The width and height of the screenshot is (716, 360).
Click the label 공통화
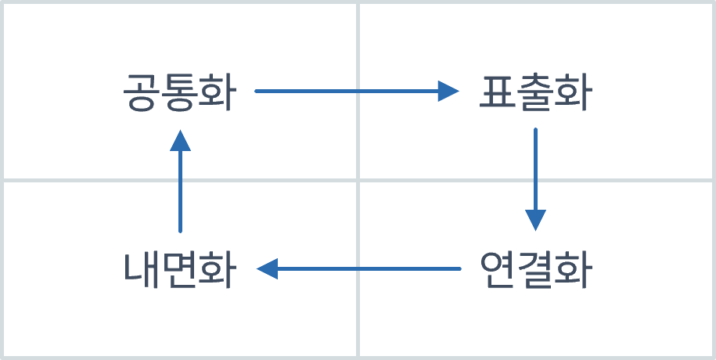click(x=179, y=92)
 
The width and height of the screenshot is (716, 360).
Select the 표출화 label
click(x=536, y=92)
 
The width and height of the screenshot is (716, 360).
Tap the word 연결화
click(x=536, y=270)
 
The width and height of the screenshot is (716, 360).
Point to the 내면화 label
click(x=179, y=270)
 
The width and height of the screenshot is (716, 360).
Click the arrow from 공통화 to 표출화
click(x=352, y=92)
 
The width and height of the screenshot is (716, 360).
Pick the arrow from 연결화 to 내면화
click(x=360, y=269)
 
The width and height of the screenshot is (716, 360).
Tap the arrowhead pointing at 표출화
click(x=448, y=92)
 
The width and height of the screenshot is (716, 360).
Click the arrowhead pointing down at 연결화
click(x=535, y=220)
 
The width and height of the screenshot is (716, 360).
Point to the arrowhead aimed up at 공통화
click(x=180, y=140)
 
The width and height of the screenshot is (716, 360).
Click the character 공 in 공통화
click(x=142, y=92)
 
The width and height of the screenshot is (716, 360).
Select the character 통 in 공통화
click(x=179, y=92)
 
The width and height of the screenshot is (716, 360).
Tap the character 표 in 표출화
click(x=498, y=92)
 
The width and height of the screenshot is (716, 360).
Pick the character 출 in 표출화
click(x=536, y=92)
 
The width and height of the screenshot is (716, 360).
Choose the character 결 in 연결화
click(x=536, y=270)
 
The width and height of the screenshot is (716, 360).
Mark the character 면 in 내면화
click(x=179, y=270)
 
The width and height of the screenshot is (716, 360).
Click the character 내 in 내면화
click(x=142, y=270)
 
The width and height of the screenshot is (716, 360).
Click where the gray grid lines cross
click(x=358, y=180)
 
